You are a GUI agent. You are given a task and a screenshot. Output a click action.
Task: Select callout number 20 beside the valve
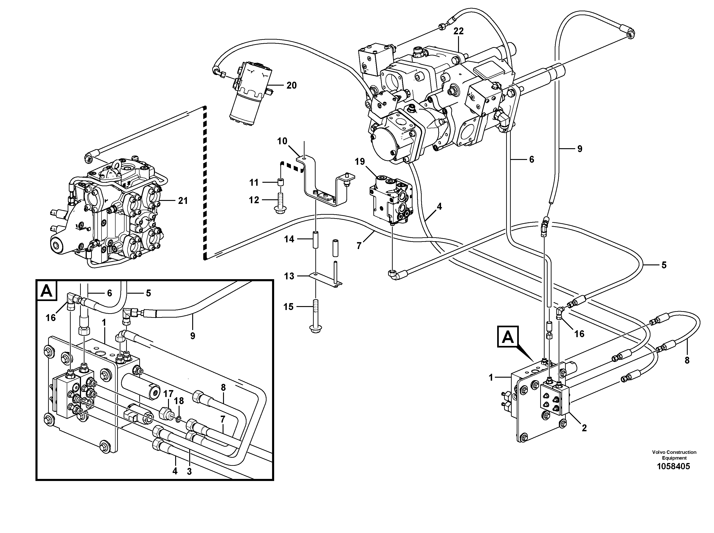291,86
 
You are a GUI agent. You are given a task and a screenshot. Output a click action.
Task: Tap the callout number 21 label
183,201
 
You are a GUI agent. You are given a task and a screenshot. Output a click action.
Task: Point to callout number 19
360,162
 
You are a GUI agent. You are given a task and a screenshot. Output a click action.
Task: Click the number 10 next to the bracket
282,141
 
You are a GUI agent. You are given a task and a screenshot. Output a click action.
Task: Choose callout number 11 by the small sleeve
254,182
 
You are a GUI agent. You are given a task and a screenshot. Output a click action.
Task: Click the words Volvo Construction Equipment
674,455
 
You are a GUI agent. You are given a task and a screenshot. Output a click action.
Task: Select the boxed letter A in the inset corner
47,291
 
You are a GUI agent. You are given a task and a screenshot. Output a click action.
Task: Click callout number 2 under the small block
584,428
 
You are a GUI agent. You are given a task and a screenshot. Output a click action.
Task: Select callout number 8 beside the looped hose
687,360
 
